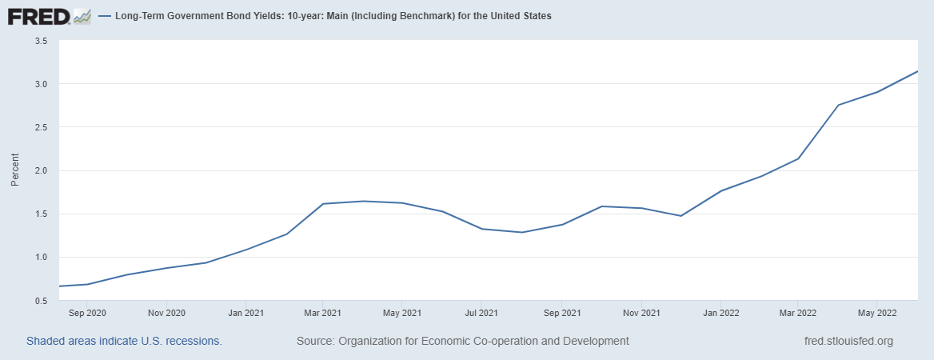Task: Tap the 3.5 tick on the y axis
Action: coord(42,41)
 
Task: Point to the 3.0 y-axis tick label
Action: coord(42,84)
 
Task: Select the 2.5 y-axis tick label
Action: coord(42,127)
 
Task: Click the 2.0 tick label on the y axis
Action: coord(42,170)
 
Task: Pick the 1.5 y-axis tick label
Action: coord(42,214)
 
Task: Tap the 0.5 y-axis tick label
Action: coord(42,300)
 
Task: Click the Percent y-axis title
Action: coord(14,170)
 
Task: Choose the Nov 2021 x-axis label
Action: coord(641,313)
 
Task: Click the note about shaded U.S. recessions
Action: coord(124,341)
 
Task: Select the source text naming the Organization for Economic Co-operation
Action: coord(462,341)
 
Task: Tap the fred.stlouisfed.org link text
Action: coord(848,341)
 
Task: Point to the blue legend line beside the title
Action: coord(104,16)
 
